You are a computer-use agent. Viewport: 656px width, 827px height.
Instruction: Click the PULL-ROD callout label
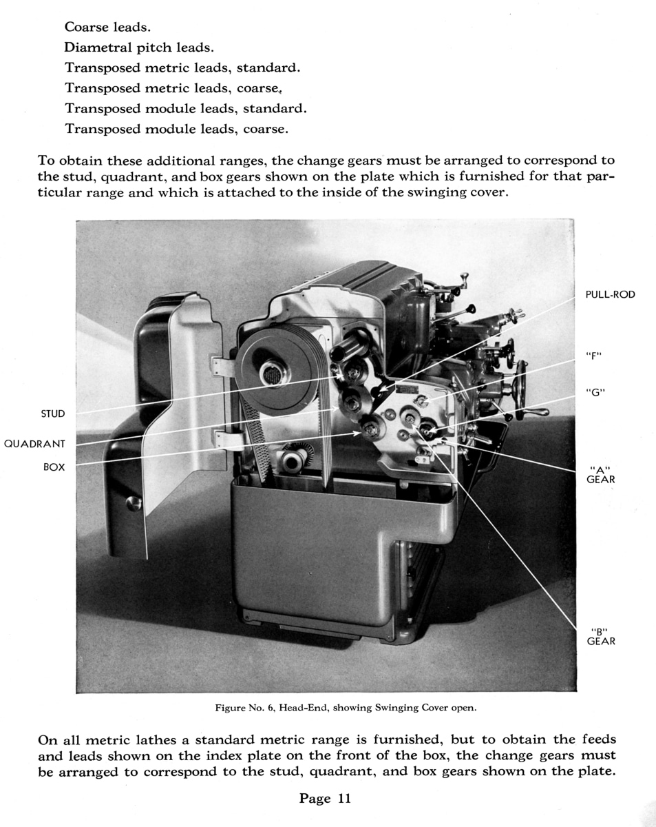(x=610, y=294)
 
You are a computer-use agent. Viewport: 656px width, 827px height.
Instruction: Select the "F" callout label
(x=593, y=356)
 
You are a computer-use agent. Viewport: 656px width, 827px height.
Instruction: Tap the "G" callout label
(x=594, y=392)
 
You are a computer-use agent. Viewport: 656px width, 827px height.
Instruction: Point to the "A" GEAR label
(x=600, y=475)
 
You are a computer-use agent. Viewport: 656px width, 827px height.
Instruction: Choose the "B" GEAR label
(x=600, y=636)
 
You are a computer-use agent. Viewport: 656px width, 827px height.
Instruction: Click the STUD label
(x=53, y=413)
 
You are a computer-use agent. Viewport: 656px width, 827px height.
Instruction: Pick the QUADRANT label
(x=34, y=444)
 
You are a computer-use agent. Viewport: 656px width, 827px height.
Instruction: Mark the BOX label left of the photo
(x=54, y=467)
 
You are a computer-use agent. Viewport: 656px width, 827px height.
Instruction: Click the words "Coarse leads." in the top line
(x=107, y=28)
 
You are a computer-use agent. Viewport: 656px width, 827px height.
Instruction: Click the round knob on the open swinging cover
(x=134, y=503)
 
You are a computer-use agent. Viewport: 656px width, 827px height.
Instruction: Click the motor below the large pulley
(x=296, y=458)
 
